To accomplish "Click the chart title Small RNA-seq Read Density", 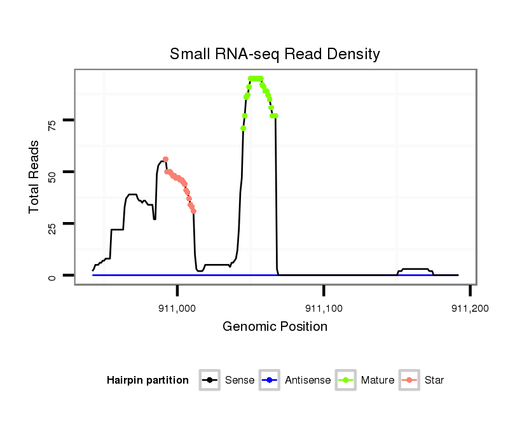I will click(x=275, y=54).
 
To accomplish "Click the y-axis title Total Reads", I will click(x=35, y=176).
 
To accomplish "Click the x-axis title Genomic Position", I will click(x=275, y=327).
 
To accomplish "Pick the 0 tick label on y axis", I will click(x=53, y=276).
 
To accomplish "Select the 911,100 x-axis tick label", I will click(x=324, y=308).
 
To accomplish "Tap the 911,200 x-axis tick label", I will click(x=470, y=308).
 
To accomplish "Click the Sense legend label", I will click(x=240, y=380).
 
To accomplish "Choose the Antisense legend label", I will click(x=308, y=380).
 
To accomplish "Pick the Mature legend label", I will click(x=377, y=380).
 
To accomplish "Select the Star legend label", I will click(x=434, y=380).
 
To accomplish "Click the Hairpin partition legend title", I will click(x=148, y=380).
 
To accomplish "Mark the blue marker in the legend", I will click(x=270, y=380).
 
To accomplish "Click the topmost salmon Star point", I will click(x=165, y=159).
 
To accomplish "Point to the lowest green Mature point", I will click(x=243, y=129).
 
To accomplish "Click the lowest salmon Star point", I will click(x=193, y=211).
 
